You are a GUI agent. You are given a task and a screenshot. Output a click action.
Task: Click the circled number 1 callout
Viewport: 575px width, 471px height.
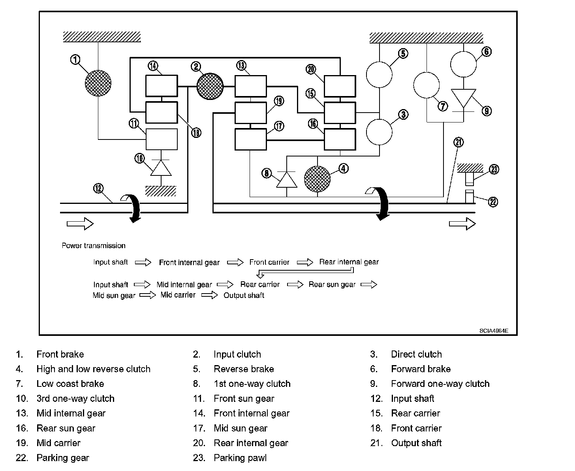click(75, 59)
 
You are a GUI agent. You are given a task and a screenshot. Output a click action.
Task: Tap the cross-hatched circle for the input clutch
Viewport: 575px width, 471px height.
click(210, 86)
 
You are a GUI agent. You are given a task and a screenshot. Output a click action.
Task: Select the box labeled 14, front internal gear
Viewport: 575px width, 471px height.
click(162, 86)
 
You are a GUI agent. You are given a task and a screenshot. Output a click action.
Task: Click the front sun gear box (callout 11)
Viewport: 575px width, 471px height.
click(162, 139)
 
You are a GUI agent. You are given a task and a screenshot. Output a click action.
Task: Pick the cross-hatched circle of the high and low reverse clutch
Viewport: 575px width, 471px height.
click(318, 179)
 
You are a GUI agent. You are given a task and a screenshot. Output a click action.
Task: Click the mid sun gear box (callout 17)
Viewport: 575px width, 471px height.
click(251, 139)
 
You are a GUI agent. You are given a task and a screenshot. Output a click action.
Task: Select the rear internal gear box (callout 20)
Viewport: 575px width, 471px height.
click(340, 86)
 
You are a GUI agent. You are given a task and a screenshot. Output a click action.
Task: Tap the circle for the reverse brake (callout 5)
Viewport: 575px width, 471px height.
click(379, 74)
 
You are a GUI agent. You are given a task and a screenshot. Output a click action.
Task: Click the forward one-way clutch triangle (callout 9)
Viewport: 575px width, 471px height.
click(464, 98)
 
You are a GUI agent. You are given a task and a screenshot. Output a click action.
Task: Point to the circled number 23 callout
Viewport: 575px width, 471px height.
click(494, 170)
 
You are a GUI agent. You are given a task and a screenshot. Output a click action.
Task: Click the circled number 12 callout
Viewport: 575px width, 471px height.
click(98, 188)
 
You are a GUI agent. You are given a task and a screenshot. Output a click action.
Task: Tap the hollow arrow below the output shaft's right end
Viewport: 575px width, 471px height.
click(462, 224)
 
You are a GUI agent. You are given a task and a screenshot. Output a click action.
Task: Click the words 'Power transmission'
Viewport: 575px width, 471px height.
click(94, 245)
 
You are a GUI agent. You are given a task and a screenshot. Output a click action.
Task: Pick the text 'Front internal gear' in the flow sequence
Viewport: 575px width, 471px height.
click(189, 262)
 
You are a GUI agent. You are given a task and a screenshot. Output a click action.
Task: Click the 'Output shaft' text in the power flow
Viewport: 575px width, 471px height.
click(244, 296)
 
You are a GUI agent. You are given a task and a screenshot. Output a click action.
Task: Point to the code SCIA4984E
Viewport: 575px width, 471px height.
click(494, 331)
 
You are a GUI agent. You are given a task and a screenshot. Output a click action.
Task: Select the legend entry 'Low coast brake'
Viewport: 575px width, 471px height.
click(70, 384)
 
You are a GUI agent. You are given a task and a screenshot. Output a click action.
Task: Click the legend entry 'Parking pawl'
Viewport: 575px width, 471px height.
click(240, 458)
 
